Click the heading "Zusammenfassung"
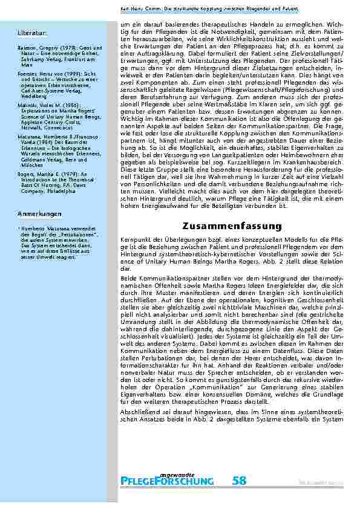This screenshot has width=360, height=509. (232, 226)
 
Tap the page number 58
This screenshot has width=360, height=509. (239, 481)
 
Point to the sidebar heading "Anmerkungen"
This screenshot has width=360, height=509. (38, 215)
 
